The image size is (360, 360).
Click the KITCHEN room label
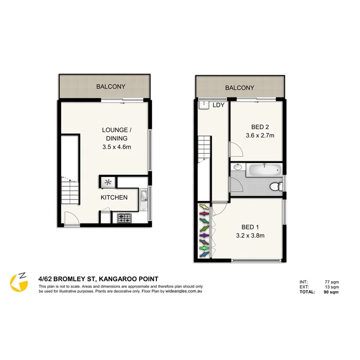coord(114,197)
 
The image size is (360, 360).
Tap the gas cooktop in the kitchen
coord(124,219)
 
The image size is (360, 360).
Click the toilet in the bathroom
coord(275,187)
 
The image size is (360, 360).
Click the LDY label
coord(219,105)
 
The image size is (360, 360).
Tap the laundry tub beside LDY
coord(203,104)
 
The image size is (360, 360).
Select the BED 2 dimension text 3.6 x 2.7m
coord(260,136)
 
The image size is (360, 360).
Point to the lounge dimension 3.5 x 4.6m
coord(114,147)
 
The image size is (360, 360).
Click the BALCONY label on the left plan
coord(111,87)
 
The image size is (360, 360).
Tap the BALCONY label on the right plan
coord(240,88)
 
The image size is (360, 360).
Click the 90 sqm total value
coord(331,292)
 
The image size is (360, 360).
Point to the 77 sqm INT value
coord(331,282)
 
